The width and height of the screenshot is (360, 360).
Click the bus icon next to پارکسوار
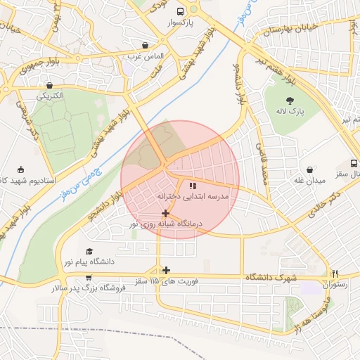(181, 11)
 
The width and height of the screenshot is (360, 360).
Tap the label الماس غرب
(149, 56)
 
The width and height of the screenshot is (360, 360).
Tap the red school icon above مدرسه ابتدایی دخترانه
(193, 186)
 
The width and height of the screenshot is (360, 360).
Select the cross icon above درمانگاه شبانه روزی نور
(165, 213)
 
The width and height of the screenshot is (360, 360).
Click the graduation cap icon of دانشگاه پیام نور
(89, 251)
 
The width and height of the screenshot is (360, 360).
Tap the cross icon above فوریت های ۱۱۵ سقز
(166, 270)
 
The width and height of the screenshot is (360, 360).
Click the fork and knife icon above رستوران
(335, 274)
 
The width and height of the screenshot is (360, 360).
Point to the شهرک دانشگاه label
(271, 278)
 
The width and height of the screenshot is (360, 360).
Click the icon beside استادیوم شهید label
(20, 169)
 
